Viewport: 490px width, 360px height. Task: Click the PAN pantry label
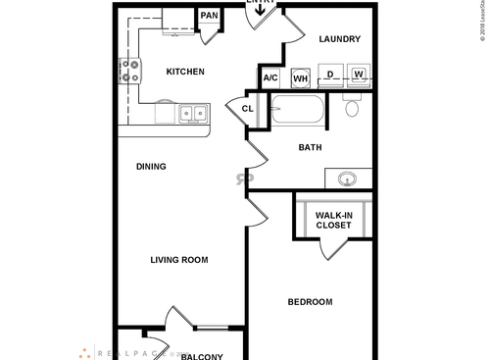click(x=209, y=16)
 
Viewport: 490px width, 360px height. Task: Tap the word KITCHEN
click(x=184, y=72)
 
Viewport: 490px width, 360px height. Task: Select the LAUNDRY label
click(x=340, y=40)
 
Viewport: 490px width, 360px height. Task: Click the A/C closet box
click(x=271, y=77)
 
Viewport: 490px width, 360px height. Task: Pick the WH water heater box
click(x=301, y=77)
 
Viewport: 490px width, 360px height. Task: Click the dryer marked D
click(x=331, y=75)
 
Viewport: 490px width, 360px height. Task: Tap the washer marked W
click(x=359, y=75)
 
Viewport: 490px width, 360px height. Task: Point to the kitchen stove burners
click(x=128, y=71)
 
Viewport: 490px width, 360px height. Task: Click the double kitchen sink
click(x=193, y=115)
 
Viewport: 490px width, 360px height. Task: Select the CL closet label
click(x=247, y=109)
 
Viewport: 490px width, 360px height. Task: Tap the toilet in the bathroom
click(x=354, y=108)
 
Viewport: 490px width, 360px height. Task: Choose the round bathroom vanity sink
click(x=346, y=179)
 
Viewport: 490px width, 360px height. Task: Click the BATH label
click(x=311, y=148)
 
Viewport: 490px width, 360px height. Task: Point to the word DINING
click(x=151, y=167)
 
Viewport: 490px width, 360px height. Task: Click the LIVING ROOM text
click(x=179, y=260)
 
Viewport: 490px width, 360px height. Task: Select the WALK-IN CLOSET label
click(x=334, y=220)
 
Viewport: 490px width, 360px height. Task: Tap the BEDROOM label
click(x=310, y=302)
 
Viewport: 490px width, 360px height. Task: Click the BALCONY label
click(x=202, y=356)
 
